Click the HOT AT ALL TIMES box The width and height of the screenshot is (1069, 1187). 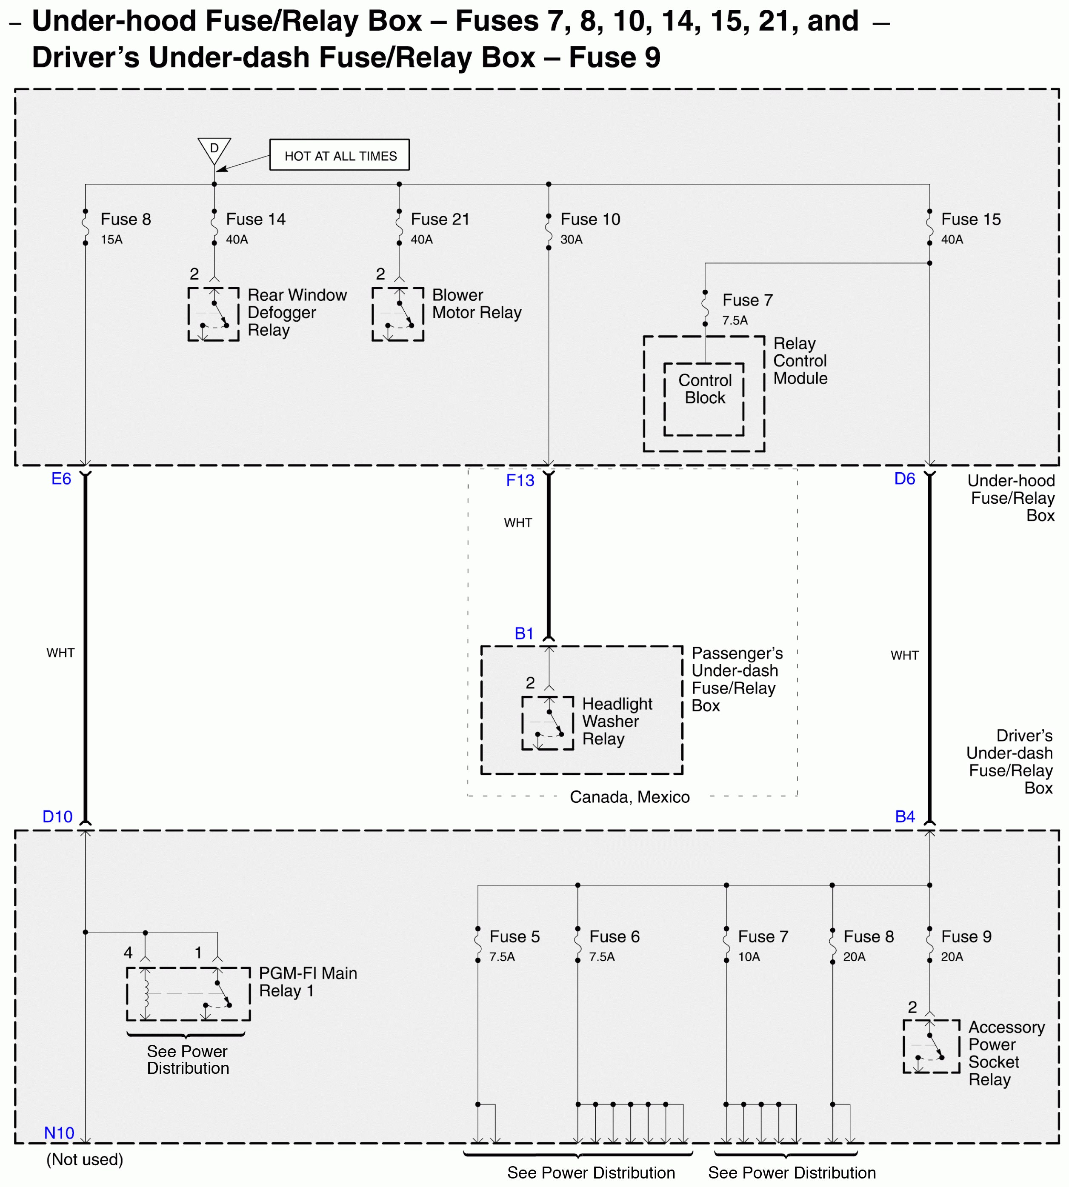coord(340,155)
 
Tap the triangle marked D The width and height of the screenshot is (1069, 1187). coord(214,149)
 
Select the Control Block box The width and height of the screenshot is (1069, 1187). coord(704,399)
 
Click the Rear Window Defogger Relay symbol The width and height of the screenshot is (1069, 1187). coord(213,314)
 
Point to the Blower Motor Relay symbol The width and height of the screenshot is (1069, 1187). coord(397,314)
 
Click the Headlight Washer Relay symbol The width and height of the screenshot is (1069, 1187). coord(547,723)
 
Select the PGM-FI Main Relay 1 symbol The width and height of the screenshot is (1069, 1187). coord(188,994)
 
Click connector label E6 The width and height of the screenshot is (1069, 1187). coord(61,479)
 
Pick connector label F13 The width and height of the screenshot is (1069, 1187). coord(520,480)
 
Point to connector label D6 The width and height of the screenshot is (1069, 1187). coord(905,479)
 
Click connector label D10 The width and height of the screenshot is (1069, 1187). coord(57,816)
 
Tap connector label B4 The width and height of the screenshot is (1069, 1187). coord(905,816)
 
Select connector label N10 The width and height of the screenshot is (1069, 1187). coord(59,1133)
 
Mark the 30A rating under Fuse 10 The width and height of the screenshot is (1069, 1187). coord(571,240)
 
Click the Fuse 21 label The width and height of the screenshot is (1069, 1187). coord(440,219)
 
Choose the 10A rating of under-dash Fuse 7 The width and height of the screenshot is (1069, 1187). coord(749,957)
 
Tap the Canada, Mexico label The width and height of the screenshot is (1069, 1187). coord(630,797)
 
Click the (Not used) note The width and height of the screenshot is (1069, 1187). coord(85,1159)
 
